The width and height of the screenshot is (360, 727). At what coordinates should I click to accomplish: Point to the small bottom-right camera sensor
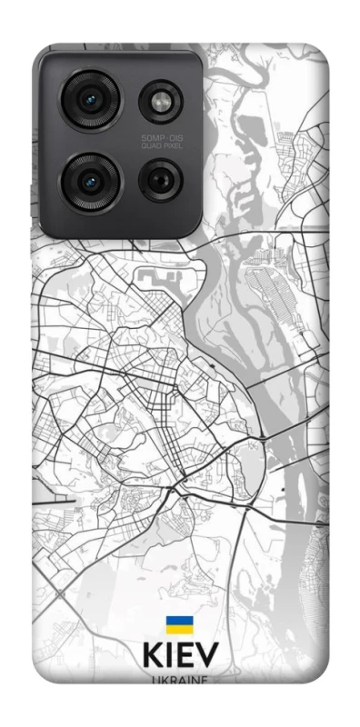pyautogui.click(x=160, y=179)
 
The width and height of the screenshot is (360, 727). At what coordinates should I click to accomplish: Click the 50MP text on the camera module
pyautogui.click(x=150, y=137)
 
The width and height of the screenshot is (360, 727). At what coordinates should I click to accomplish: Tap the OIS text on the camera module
pyautogui.click(x=172, y=137)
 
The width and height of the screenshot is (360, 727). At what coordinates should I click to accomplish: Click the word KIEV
pyautogui.click(x=179, y=657)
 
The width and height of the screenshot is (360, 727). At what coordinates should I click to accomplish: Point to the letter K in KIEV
pyautogui.click(x=151, y=657)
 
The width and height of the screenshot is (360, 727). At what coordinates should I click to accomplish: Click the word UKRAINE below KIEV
pyautogui.click(x=179, y=680)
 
